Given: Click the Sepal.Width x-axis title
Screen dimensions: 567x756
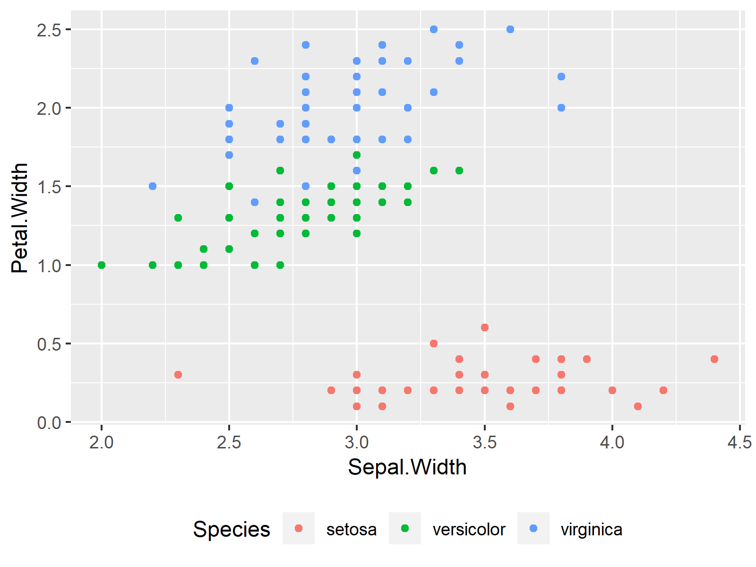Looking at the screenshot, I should (x=407, y=467).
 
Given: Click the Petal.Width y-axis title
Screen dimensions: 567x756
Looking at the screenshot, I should (x=20, y=218).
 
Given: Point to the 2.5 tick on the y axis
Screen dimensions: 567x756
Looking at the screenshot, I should (x=49, y=30).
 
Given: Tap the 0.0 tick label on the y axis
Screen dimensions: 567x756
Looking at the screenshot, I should (x=49, y=422).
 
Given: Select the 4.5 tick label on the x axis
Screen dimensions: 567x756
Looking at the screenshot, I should (x=739, y=443).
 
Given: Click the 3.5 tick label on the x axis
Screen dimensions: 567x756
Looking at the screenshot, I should (x=484, y=443).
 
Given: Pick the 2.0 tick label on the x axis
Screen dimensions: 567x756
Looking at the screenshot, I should (x=102, y=443).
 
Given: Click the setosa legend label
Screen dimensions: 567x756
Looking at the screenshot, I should (x=351, y=529).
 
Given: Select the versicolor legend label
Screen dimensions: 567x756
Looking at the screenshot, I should (x=469, y=529).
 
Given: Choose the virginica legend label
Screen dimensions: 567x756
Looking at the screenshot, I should (x=591, y=529).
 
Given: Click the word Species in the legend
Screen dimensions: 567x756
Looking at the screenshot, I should (x=231, y=529).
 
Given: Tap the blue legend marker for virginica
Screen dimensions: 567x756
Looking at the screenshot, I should (x=533, y=528).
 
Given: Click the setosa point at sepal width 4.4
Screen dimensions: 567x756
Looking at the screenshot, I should (x=714, y=359).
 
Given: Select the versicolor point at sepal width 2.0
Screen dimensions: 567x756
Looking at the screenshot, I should (x=102, y=265).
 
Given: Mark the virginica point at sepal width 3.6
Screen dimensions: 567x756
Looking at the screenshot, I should (x=510, y=29).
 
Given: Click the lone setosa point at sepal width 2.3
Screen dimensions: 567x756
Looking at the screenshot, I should (x=178, y=375).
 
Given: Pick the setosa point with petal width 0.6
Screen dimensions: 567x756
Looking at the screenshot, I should (x=484, y=327).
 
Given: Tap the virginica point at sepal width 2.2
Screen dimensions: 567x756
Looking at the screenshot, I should (x=153, y=186).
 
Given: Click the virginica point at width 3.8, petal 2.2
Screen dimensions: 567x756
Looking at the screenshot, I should (x=561, y=77).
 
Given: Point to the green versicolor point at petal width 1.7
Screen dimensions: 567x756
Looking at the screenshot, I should (x=357, y=155).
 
